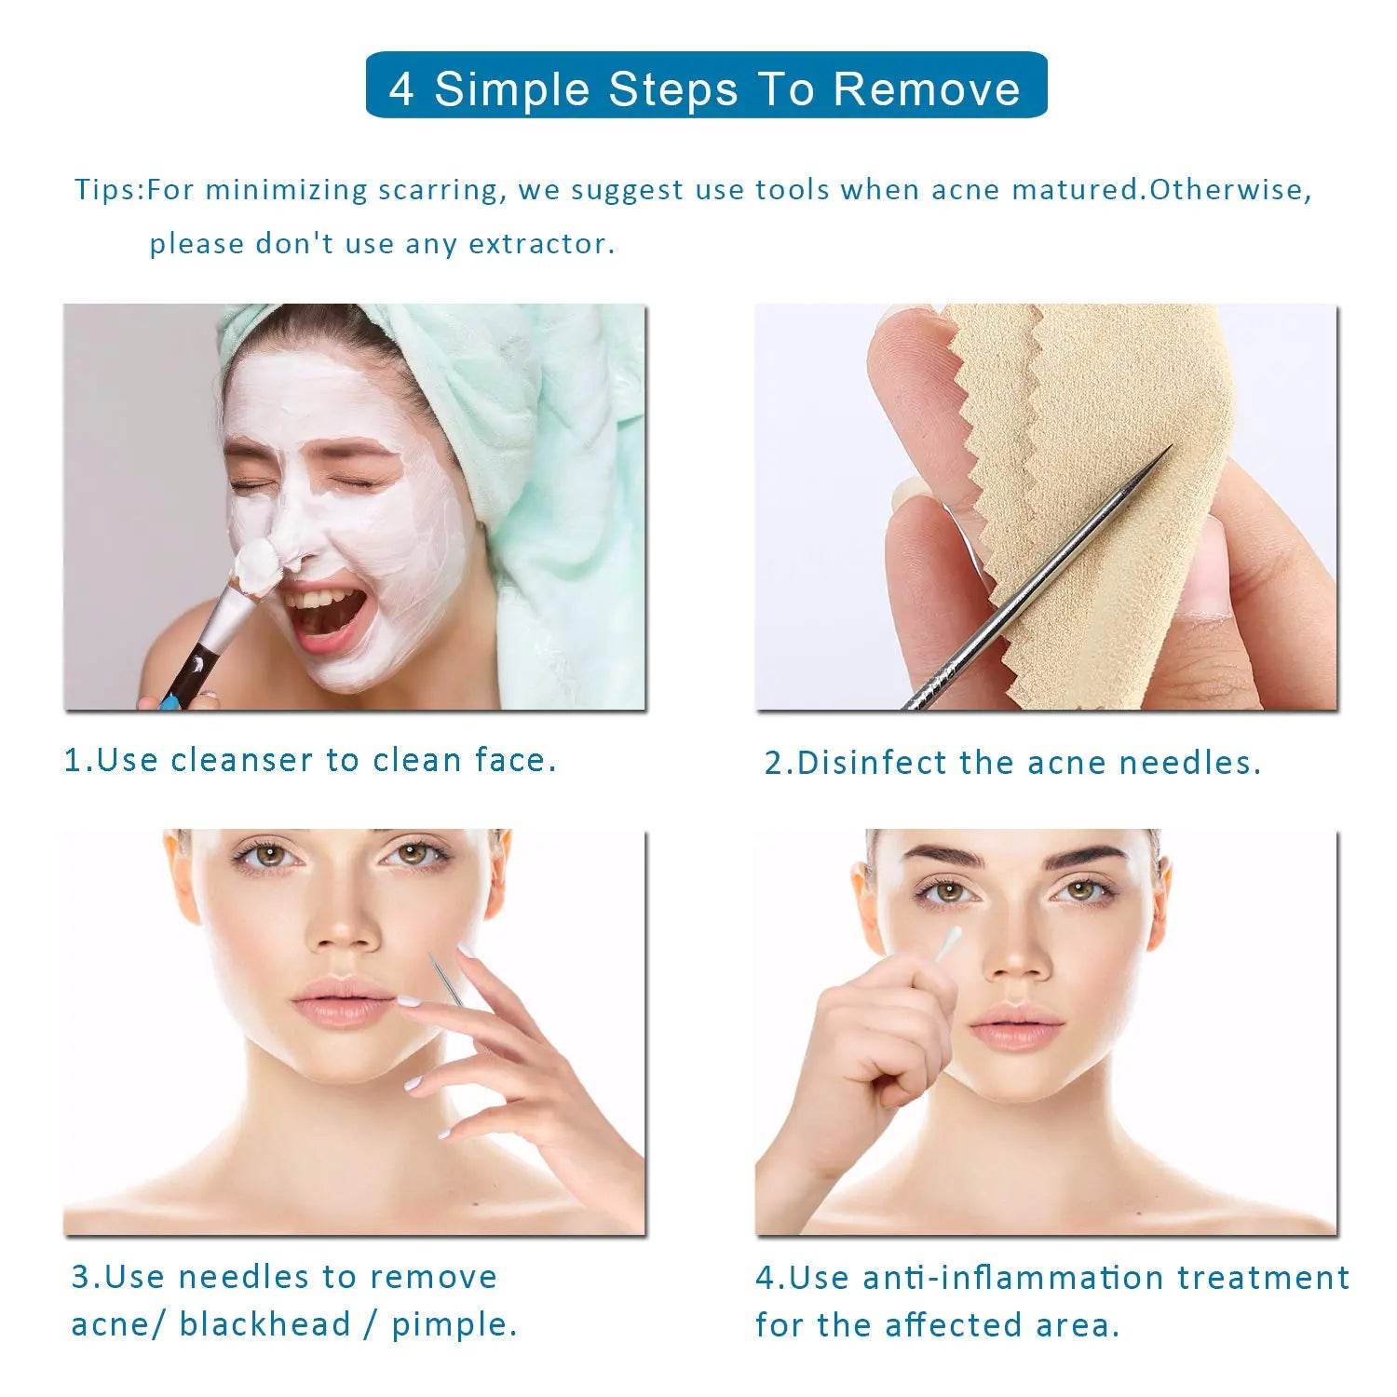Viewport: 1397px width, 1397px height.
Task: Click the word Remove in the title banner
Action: click(926, 88)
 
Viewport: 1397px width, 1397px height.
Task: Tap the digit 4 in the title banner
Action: click(401, 89)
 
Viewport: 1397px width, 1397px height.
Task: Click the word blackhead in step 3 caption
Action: click(264, 1323)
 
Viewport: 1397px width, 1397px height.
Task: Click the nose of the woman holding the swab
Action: click(1015, 959)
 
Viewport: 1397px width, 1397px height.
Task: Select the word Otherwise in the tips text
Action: click(1229, 190)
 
